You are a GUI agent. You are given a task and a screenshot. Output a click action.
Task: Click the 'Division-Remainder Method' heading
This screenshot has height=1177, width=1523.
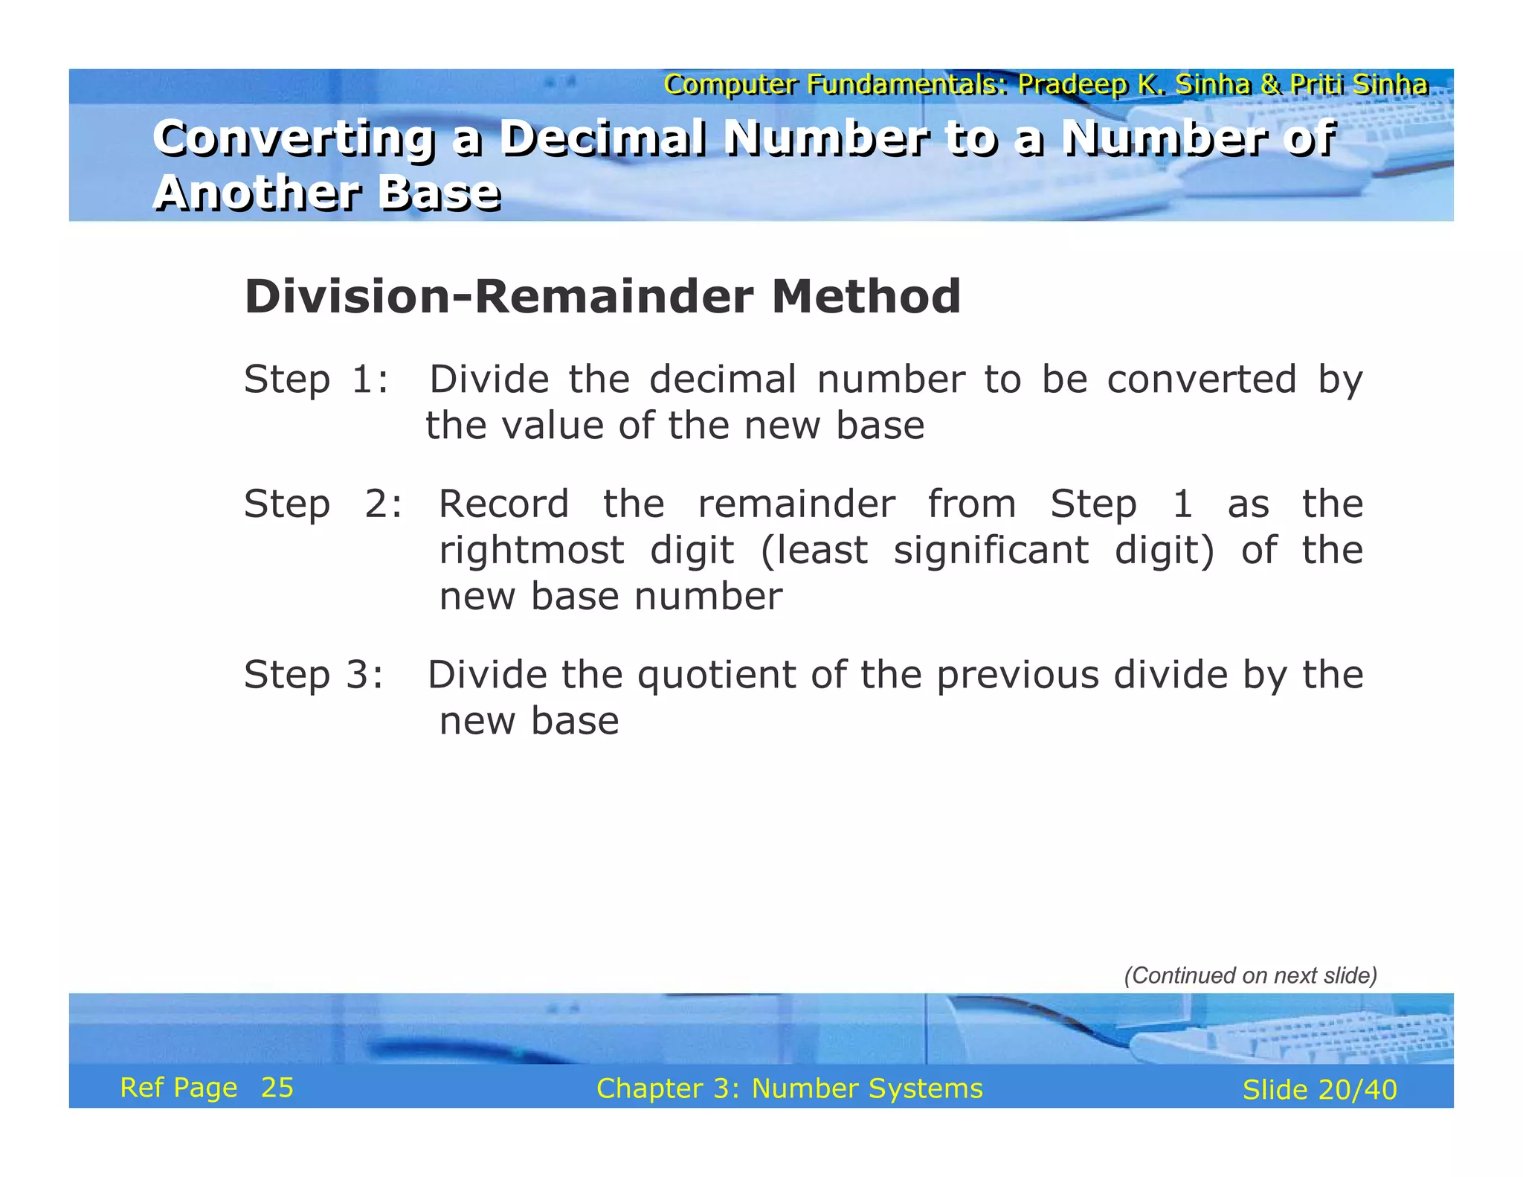click(x=602, y=297)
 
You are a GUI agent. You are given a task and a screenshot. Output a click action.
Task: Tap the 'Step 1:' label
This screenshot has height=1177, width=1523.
click(x=316, y=379)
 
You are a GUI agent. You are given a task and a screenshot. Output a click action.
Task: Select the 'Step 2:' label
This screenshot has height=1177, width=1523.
click(x=323, y=504)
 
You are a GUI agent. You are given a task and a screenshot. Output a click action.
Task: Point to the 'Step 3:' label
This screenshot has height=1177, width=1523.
click(x=314, y=675)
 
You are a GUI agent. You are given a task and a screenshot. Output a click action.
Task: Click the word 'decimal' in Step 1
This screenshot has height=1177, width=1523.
click(x=722, y=379)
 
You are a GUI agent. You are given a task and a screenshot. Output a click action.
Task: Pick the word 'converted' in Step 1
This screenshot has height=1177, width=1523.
click(x=1201, y=379)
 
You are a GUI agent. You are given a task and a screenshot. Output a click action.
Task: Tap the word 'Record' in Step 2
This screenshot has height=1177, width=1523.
click(x=503, y=504)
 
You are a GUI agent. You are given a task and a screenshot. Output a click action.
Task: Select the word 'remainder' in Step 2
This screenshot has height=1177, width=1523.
click(x=796, y=504)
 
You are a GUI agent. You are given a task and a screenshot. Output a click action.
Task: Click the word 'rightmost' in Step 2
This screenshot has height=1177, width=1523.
click(x=531, y=551)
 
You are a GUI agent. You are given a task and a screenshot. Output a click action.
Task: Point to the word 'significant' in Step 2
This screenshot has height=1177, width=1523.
click(x=991, y=551)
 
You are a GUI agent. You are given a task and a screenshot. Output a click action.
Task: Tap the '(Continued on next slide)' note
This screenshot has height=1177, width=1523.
click(x=1250, y=975)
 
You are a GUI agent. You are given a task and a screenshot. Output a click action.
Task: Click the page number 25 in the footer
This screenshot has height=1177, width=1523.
click(x=277, y=1088)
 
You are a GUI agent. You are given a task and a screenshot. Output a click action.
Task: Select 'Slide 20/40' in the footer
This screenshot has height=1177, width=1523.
click(x=1319, y=1090)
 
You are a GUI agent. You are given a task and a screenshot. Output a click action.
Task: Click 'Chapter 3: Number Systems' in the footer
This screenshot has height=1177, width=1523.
click(x=789, y=1088)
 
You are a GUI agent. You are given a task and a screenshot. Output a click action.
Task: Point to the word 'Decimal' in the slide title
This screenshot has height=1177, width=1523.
click(x=602, y=138)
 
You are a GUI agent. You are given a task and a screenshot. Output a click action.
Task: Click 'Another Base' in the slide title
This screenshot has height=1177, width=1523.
click(x=326, y=193)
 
